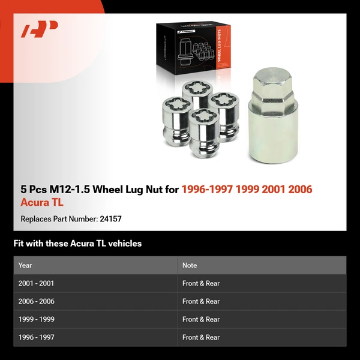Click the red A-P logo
click(x=39, y=29)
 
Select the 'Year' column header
click(x=25, y=265)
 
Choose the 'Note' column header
click(x=190, y=265)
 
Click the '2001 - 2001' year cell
click(x=36, y=283)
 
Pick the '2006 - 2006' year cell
click(x=36, y=301)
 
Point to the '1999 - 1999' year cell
click(x=36, y=319)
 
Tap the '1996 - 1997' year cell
click(x=36, y=337)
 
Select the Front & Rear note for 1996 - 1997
click(x=201, y=337)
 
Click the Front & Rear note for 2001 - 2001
click(x=201, y=283)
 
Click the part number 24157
click(x=110, y=219)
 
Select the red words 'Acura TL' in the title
click(x=42, y=203)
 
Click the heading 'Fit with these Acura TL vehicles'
click(x=77, y=244)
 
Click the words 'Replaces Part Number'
click(x=58, y=219)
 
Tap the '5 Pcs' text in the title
click(x=34, y=190)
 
